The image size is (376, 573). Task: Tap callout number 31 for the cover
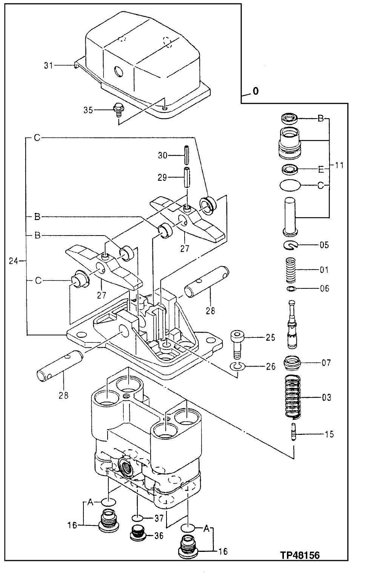click(48, 65)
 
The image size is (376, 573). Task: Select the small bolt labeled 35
click(117, 110)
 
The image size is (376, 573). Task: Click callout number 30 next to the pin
click(162, 155)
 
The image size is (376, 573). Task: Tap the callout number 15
click(329, 434)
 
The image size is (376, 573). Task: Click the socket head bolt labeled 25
click(237, 344)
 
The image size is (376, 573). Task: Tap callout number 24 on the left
click(14, 260)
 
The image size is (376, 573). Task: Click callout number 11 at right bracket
click(339, 165)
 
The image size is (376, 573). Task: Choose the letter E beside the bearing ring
click(321, 169)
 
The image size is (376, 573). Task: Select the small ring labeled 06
click(291, 289)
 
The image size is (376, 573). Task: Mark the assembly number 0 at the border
click(256, 91)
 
